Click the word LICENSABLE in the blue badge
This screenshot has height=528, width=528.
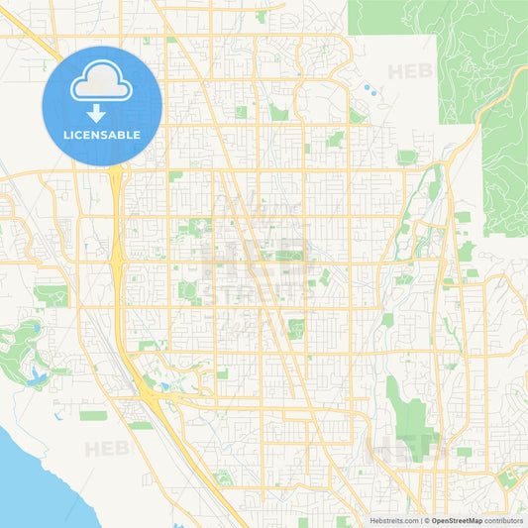[102, 135]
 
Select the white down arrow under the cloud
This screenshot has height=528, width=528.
[96, 112]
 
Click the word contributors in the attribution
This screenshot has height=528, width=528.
[504, 520]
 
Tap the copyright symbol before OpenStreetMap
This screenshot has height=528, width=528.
[427, 520]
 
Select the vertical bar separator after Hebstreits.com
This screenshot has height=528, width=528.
[420, 520]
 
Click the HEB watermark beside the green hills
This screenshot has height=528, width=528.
[408, 71]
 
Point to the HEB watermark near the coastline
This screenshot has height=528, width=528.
[106, 449]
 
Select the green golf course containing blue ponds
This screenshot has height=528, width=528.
[25, 352]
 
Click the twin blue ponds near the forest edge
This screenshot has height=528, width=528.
[370, 91]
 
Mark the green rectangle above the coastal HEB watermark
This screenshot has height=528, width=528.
[94, 415]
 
